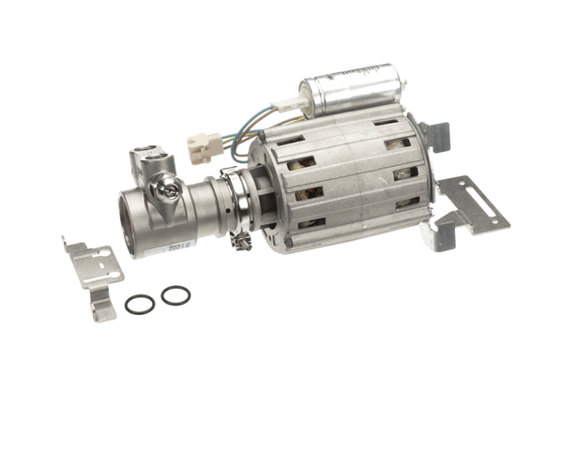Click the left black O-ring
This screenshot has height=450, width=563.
click(x=140, y=304)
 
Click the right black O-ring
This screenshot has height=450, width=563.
click(x=175, y=295)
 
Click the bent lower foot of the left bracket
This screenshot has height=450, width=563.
click(x=102, y=308)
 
